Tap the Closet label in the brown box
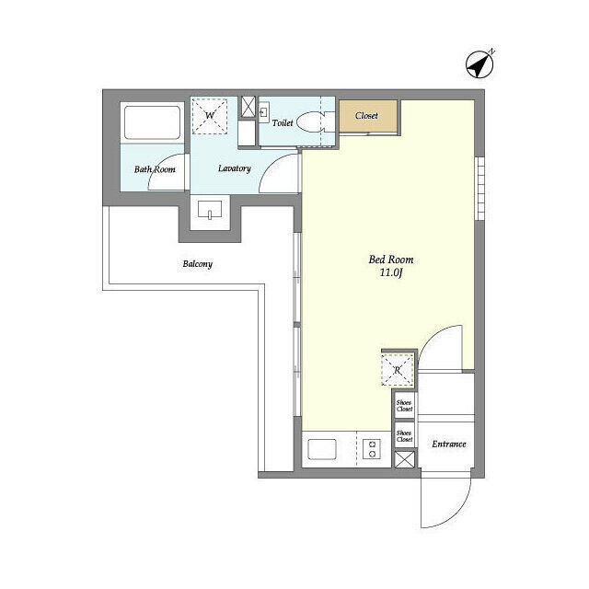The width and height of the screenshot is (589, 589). pos(366,116)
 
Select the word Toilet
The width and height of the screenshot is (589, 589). pos(283,121)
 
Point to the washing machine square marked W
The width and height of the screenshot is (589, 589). pos(210,115)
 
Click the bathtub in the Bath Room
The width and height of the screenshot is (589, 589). pos(153,122)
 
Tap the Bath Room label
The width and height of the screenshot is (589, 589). pos(155,169)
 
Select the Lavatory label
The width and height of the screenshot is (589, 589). pos(235,168)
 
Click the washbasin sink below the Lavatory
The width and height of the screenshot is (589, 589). pos(211,213)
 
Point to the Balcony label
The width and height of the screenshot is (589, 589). pos(197,264)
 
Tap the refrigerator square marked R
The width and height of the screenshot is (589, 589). pos(398,371)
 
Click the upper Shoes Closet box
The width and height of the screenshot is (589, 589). pos(404,405)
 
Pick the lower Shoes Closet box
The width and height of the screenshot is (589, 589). pos(404,435)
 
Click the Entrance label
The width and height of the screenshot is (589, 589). pos(449,445)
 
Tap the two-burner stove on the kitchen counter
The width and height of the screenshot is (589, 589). pos(372,450)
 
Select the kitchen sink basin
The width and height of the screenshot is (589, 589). pos(323,450)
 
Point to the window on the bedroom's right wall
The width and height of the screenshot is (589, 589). pos(479,188)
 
